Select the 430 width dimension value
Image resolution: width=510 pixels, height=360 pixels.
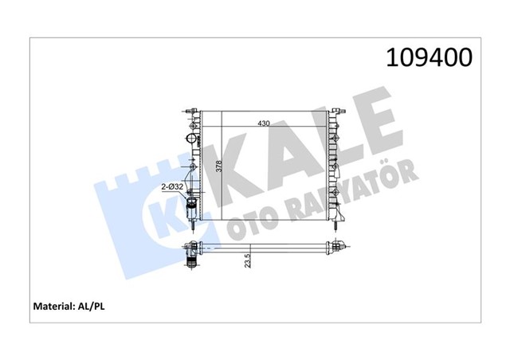(x=263, y=123)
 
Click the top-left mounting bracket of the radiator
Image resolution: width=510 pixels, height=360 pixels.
(x=189, y=109)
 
